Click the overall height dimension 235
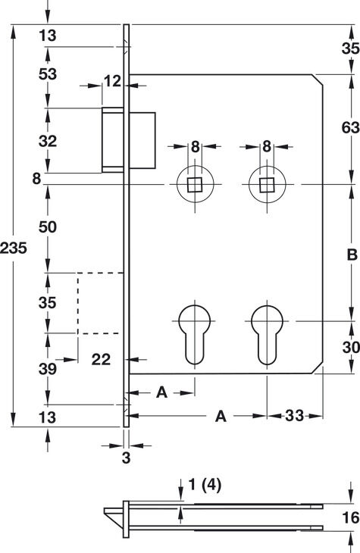point(14,248)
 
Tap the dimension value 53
point(48,74)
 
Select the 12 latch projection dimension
point(113,82)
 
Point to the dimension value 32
point(48,141)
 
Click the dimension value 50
point(48,227)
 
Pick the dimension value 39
point(48,369)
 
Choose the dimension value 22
point(101,360)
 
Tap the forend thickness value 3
point(126,458)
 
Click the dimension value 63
point(350,127)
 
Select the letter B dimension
point(352,255)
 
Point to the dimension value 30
point(351,348)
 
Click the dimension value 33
point(294,416)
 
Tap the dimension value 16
point(351,517)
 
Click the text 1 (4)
point(205,485)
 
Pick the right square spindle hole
point(267,184)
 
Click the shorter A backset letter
point(161,392)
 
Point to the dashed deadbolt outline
point(77,303)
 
